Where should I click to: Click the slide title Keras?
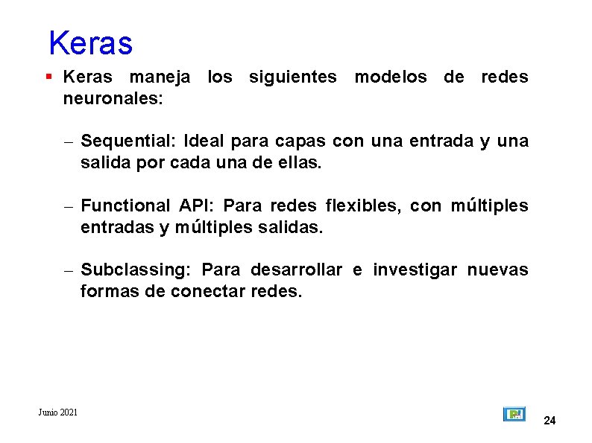(90, 43)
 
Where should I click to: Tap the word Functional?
(125, 205)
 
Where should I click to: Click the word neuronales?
(113, 98)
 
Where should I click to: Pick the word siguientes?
(292, 77)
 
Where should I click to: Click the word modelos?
(391, 77)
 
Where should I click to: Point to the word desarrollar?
(296, 270)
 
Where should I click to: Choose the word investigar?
(415, 270)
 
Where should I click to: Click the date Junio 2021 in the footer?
(58, 412)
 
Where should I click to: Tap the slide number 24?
(550, 421)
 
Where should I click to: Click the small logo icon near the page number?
(514, 414)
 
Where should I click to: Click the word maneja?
(160, 77)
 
